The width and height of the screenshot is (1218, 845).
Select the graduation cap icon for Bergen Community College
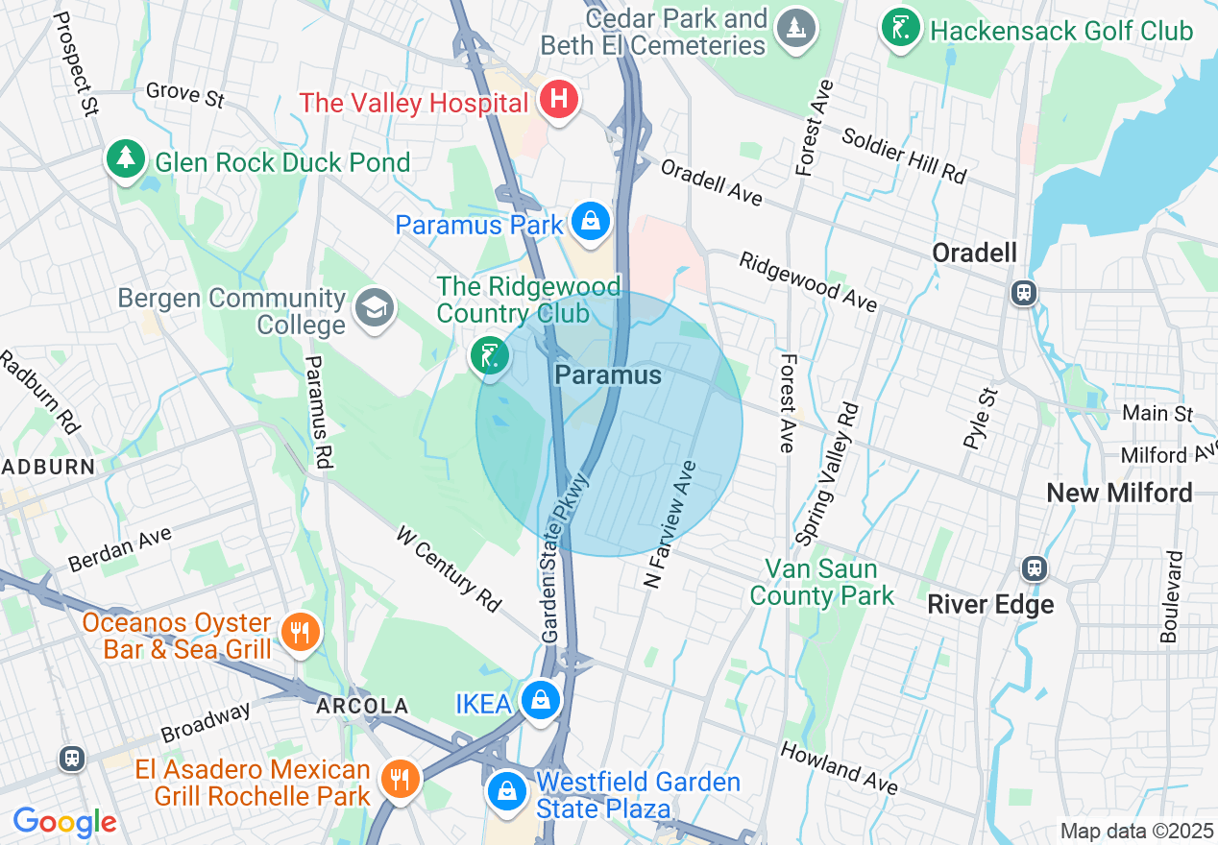pos(373,309)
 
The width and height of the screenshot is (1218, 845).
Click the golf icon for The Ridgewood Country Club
pos(489,355)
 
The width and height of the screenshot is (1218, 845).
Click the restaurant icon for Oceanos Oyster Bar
pos(302,633)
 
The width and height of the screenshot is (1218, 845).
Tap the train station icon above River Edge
pos(1034,567)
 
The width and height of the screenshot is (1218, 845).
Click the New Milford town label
pos(1118,494)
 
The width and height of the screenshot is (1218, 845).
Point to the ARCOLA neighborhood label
pos(362,707)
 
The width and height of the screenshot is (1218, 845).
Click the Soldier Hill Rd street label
pos(903,154)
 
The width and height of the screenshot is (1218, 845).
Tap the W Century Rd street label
pos(449,568)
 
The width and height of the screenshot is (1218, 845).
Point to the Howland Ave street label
pos(839,767)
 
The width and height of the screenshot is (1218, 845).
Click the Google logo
pos(64,822)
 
